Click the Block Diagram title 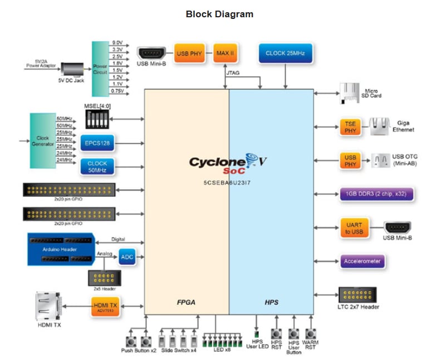(219, 14)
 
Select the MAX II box (224, 53)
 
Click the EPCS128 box (97, 143)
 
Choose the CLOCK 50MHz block (97, 166)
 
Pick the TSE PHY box (350, 127)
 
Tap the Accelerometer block (362, 260)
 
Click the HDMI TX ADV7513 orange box (105, 306)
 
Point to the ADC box (127, 257)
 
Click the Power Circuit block (101, 69)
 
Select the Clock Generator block (42, 139)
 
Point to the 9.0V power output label (117, 42)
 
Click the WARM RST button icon (310, 334)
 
